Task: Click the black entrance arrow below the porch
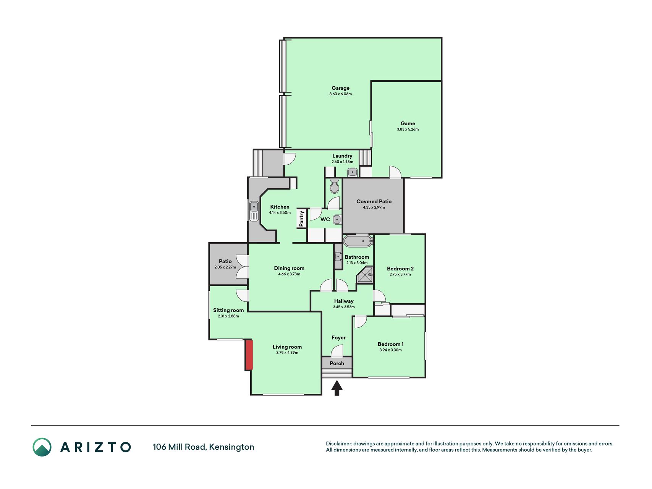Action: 337,388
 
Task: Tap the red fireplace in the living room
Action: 249,355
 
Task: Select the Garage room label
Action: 340,88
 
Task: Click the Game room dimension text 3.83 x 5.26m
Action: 408,130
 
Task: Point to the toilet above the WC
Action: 334,186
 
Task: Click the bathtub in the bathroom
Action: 358,241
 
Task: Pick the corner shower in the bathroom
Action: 365,275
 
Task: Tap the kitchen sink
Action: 254,211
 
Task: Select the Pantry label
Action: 302,219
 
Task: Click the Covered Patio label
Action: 374,201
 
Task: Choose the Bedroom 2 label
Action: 400,269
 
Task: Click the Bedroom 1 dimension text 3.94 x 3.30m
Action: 390,350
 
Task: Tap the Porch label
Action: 337,363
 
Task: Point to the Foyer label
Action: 338,338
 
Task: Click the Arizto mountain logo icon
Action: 42,447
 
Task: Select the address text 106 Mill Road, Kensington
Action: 203,447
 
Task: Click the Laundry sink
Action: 353,172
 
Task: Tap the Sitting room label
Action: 228,310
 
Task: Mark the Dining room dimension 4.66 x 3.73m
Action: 289,274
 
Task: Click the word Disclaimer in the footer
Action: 338,444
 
